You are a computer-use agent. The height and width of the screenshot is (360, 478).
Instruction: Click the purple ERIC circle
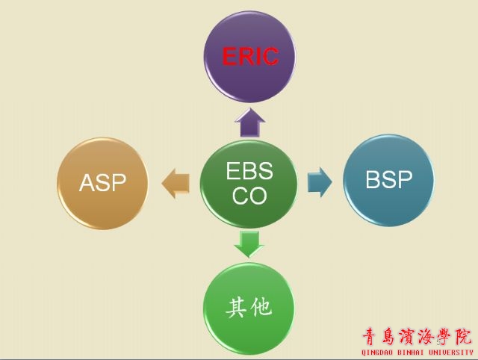pyautogui.click(x=249, y=57)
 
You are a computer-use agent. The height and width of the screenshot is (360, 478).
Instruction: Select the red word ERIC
pyautogui.click(x=250, y=57)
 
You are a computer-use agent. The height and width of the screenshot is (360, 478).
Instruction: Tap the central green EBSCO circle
pyautogui.click(x=249, y=184)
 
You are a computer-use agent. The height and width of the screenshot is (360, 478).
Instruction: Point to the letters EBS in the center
pyautogui.click(x=249, y=170)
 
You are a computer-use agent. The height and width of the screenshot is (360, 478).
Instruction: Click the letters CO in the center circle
pyautogui.click(x=249, y=195)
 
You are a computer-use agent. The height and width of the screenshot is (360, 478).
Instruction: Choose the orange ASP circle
pyautogui.click(x=102, y=183)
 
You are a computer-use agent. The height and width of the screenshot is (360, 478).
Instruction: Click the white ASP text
pyautogui.click(x=102, y=182)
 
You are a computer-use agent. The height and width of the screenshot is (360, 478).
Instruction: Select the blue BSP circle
pyautogui.click(x=388, y=180)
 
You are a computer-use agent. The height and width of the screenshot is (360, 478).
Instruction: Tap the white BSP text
pyautogui.click(x=388, y=179)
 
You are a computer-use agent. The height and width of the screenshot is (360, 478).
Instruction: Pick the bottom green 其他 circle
pyautogui.click(x=249, y=308)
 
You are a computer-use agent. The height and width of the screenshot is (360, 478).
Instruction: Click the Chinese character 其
pyautogui.click(x=236, y=308)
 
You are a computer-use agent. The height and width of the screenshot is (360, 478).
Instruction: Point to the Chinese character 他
pyautogui.click(x=261, y=307)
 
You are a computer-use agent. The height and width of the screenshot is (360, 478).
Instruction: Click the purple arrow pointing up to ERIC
pyautogui.click(x=249, y=122)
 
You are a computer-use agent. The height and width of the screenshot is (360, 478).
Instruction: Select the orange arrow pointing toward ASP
pyautogui.click(x=176, y=183)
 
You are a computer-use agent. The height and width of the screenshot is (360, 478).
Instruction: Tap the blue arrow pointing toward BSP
pyautogui.click(x=320, y=182)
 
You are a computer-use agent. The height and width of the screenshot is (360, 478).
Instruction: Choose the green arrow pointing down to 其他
pyautogui.click(x=249, y=244)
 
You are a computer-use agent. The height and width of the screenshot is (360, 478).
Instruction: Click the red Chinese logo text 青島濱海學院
pyautogui.click(x=417, y=337)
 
